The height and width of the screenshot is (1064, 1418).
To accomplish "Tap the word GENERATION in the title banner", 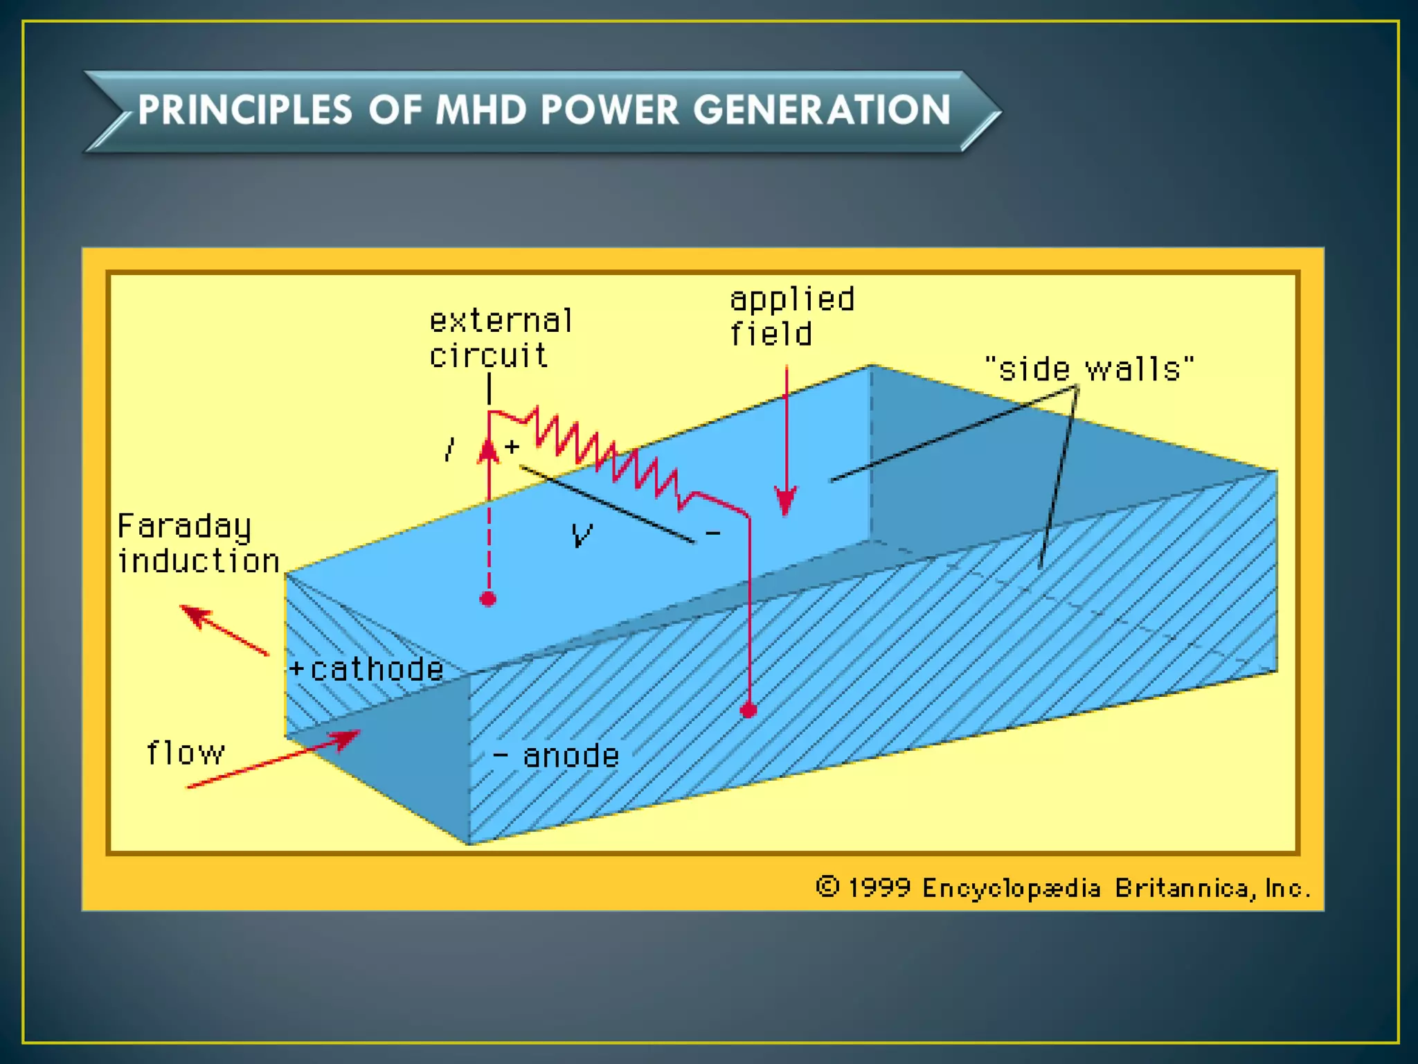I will [822, 111].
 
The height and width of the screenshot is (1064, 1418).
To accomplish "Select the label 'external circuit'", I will [500, 338].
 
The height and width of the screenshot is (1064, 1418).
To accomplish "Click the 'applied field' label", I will [791, 317].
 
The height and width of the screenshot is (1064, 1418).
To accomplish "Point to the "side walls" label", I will [1089, 369].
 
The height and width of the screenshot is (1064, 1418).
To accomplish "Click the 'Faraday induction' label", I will [197, 544].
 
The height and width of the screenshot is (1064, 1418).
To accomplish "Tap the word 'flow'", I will [186, 753].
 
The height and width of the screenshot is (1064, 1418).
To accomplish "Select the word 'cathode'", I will [377, 669].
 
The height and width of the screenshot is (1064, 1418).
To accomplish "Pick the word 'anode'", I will [571, 756].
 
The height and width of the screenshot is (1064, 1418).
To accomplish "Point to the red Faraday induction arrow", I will [223, 630].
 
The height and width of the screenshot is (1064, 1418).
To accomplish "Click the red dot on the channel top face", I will [488, 599].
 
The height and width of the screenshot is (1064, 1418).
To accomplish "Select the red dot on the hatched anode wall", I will [748, 711].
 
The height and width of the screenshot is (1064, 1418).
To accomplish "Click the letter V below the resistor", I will [582, 535].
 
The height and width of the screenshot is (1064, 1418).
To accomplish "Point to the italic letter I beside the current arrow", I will [451, 450].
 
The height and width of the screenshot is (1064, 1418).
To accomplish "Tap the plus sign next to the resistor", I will [512, 447].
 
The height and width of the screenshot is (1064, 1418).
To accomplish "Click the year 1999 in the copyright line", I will [879, 888].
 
